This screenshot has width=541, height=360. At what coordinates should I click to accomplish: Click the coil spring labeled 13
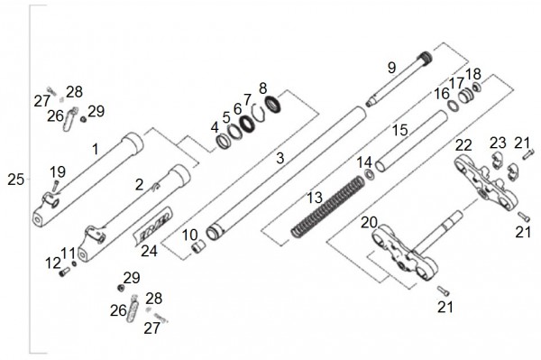(x=327, y=207)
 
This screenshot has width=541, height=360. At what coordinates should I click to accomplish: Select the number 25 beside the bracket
(x=16, y=180)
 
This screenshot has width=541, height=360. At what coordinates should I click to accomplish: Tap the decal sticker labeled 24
(x=152, y=226)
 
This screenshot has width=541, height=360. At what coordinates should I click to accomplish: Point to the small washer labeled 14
(x=369, y=174)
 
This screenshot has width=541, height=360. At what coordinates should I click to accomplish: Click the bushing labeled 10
(x=198, y=247)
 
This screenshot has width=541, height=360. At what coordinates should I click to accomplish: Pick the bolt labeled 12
(x=64, y=272)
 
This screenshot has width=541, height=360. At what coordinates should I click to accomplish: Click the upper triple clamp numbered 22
(x=487, y=182)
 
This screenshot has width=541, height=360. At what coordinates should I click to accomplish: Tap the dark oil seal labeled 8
(x=272, y=105)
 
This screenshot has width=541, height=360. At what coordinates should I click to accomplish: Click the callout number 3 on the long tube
(x=280, y=158)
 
